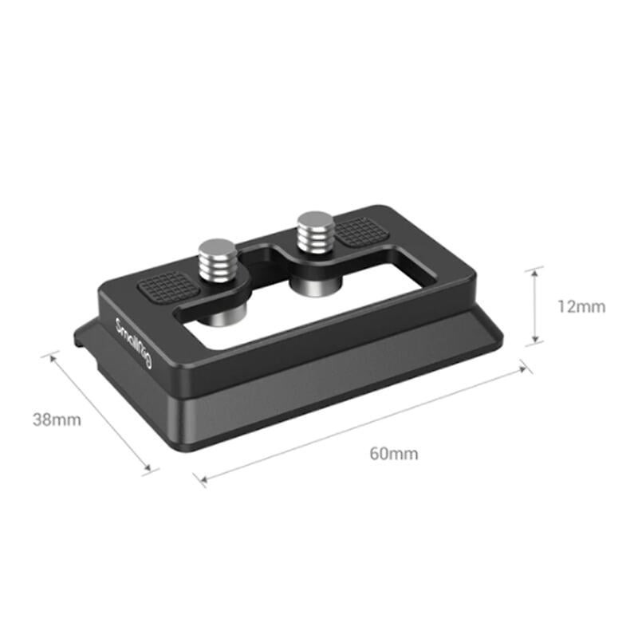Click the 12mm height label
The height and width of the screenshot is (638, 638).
tap(581, 306)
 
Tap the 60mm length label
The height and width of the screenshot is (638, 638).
tap(393, 455)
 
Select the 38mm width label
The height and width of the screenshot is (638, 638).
tap(56, 419)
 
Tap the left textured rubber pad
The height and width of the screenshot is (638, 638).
tap(169, 286)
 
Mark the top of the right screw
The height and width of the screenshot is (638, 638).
tap(314, 217)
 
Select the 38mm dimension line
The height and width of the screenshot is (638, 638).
tap(100, 412)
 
